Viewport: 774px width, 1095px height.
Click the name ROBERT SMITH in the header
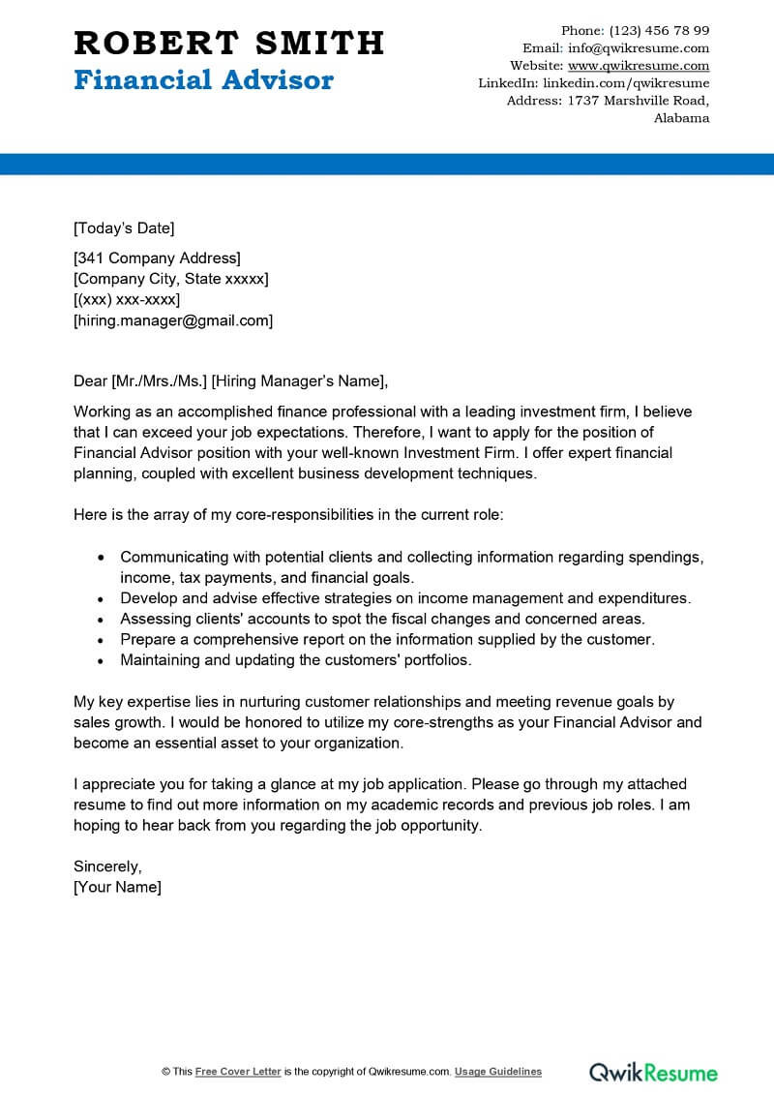[228, 43]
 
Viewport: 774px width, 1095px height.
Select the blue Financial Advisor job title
[203, 80]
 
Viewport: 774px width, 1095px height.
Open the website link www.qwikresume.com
[639, 66]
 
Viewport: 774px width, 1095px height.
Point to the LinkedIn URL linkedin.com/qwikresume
[626, 83]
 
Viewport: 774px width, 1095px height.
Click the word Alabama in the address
[681, 118]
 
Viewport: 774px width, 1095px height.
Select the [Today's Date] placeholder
[124, 228]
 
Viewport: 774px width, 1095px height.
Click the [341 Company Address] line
[157, 258]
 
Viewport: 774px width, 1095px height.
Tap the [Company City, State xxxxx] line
[171, 279]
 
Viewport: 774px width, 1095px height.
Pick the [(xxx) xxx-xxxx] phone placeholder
[127, 299]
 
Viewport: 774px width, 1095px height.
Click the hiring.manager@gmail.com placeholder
[173, 320]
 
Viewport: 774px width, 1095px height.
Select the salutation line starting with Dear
[236, 380]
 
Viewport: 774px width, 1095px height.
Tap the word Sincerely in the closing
[107, 866]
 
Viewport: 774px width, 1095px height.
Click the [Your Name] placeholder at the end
[117, 887]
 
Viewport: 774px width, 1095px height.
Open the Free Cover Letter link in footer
[238, 1072]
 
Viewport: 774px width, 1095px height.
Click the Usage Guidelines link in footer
[498, 1072]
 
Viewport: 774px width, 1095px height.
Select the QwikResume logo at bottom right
[654, 1072]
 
